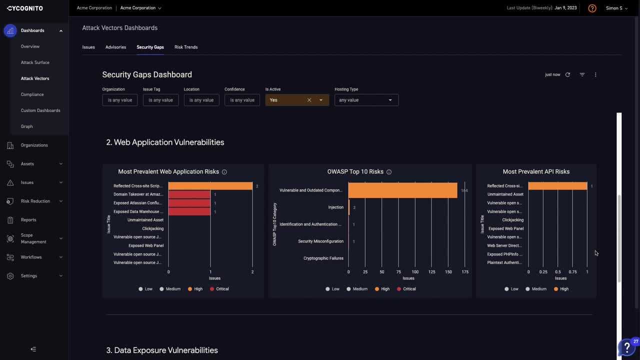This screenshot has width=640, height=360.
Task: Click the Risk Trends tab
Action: (x=186, y=47)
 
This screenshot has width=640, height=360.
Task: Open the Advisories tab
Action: (x=115, y=47)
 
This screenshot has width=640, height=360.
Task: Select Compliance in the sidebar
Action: (x=32, y=94)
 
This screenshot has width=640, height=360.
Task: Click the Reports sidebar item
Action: (x=28, y=220)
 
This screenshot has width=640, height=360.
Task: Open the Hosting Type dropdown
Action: (x=366, y=100)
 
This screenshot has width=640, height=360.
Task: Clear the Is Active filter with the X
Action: (x=309, y=100)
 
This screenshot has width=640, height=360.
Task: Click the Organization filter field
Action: (x=120, y=100)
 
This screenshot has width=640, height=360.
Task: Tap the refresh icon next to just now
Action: (x=567, y=75)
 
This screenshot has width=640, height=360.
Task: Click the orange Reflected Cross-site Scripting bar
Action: (x=210, y=186)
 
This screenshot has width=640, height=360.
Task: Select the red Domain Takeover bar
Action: (x=189, y=194)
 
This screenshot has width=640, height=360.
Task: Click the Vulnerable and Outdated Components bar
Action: (x=402, y=190)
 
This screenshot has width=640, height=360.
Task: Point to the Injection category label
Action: (x=335, y=207)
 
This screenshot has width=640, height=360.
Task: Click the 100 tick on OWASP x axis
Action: (x=415, y=272)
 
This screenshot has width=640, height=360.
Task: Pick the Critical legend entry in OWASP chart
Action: (x=406, y=289)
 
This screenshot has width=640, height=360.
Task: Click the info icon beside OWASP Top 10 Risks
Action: (x=389, y=172)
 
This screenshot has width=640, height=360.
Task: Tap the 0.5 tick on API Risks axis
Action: (x=557, y=272)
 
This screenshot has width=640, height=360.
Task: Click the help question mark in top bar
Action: (x=592, y=8)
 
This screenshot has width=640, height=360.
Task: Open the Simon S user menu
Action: (x=616, y=8)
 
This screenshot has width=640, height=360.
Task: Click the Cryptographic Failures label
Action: (x=323, y=258)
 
